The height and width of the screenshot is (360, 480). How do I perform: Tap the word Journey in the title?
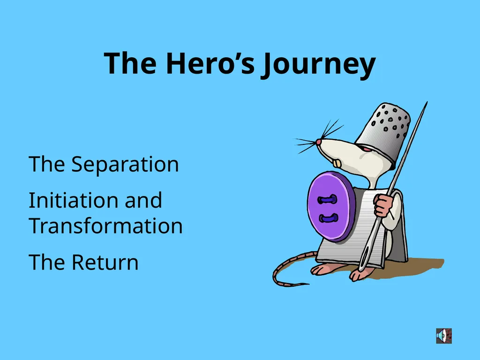click(318, 65)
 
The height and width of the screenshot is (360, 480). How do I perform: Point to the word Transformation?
click(105, 225)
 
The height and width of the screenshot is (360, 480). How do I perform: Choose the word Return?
click(105, 262)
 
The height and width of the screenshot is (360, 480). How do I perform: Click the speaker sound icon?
click(444, 336)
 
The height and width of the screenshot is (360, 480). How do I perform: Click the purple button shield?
click(330, 207)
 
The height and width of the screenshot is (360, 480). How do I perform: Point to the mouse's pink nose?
click(319, 142)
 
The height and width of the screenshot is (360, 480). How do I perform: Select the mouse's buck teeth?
click(337, 164)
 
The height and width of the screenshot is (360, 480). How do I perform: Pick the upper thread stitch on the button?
click(328, 200)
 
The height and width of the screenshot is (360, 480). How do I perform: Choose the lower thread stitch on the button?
click(329, 218)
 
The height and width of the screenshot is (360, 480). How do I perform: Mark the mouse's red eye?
click(366, 149)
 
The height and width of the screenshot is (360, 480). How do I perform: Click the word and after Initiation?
click(143, 200)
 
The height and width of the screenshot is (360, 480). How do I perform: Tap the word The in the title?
click(130, 63)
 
